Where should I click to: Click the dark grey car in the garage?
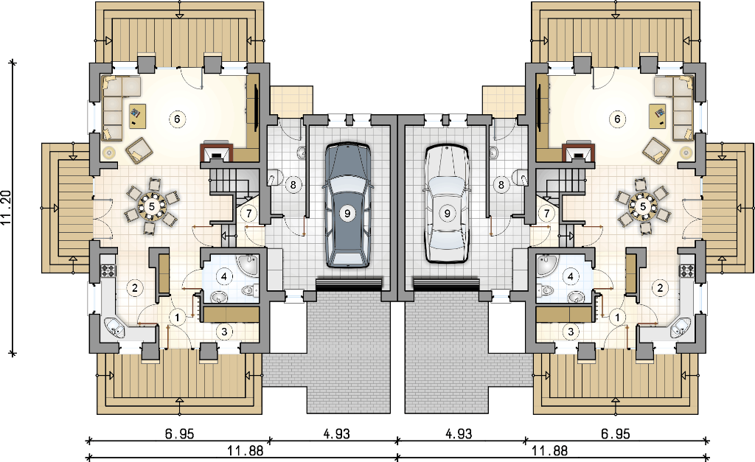pos(347,205)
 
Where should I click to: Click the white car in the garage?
pos(447,204)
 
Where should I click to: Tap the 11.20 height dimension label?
pos(6,208)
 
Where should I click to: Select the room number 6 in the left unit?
pos(177,119)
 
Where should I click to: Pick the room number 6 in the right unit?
pos(618,119)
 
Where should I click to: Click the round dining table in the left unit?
pos(152,206)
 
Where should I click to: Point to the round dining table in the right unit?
pos(643,206)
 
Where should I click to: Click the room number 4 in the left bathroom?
pos(224,276)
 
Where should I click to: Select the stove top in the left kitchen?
pos(108,270)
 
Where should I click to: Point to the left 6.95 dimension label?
pos(180,434)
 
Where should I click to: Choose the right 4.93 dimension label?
pos(459,434)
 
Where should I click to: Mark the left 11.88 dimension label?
pos(246,451)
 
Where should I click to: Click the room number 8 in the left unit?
pos(293,184)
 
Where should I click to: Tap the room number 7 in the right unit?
pos(546,213)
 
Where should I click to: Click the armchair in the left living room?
pos(139,150)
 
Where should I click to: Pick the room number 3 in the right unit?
pos(571,332)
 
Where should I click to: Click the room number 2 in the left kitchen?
pos(135,288)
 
